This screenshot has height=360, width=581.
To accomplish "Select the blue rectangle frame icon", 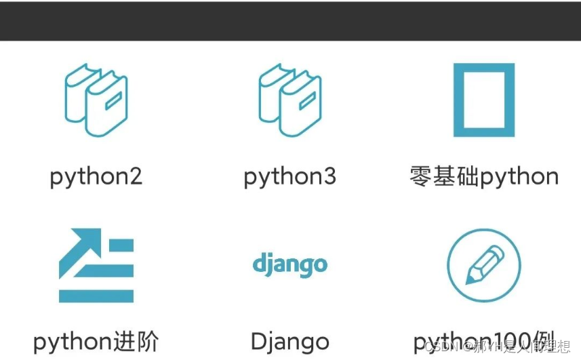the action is click(483, 100).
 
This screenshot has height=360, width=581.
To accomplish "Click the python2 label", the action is click(96, 177).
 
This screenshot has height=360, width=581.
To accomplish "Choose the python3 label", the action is click(289, 177).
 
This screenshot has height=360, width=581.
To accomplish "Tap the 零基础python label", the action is click(484, 177).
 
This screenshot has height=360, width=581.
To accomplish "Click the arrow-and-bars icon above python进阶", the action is click(96, 265).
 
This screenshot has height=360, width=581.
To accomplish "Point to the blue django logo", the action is click(289, 264).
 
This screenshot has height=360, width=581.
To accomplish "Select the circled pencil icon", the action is click(483, 265).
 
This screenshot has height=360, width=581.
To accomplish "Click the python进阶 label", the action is click(96, 342).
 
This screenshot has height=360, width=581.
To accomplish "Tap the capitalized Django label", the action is click(289, 342).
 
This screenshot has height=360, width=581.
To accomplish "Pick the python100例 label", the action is click(484, 342).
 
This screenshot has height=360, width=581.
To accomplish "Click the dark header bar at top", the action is click(290, 20).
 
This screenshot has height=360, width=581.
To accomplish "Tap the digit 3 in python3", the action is click(328, 177).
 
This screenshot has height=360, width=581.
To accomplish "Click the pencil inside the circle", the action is click(484, 265).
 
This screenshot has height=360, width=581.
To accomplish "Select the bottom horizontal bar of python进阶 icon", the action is click(96, 296).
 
